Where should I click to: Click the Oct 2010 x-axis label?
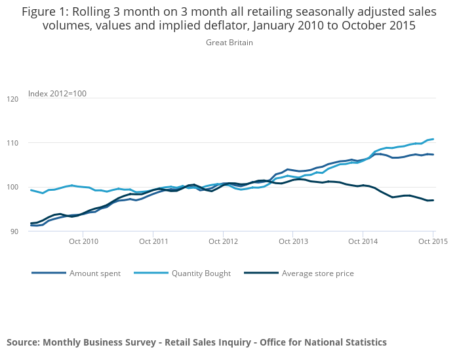[83, 241]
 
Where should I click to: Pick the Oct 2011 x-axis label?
[153, 241]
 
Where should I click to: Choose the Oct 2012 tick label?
[223, 241]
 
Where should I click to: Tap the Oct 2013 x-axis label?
[293, 241]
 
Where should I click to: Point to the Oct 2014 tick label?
[363, 241]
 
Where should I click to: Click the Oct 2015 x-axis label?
[433, 241]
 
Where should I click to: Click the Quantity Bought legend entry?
[201, 273]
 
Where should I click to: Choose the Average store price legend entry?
[317, 273]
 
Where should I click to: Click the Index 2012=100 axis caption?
[57, 94]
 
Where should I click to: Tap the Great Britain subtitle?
[229, 43]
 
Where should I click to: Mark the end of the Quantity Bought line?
[433, 139]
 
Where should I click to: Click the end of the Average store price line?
[433, 200]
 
